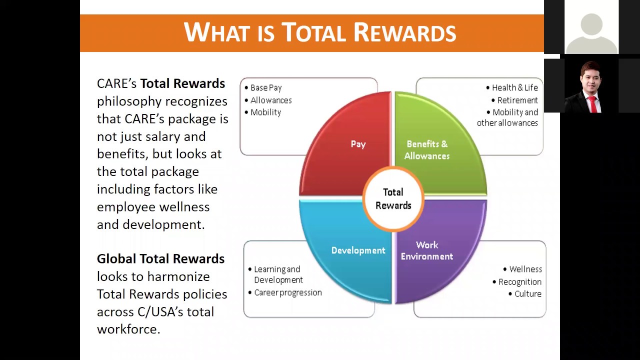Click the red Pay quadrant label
click(358, 144)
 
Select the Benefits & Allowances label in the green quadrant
click(426, 149)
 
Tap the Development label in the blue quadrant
click(358, 250)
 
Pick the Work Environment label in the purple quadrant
click(426, 250)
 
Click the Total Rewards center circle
click(393, 198)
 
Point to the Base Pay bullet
click(266, 88)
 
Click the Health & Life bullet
click(514, 88)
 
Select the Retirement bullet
click(517, 100)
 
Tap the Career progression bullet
click(287, 292)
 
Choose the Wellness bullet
click(525, 269)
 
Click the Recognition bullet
click(519, 282)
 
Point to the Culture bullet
click(527, 294)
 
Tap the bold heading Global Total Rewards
click(160, 259)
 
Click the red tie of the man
click(593, 104)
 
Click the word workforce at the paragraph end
click(128, 329)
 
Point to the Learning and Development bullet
click(277, 274)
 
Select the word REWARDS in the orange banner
click(404, 33)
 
